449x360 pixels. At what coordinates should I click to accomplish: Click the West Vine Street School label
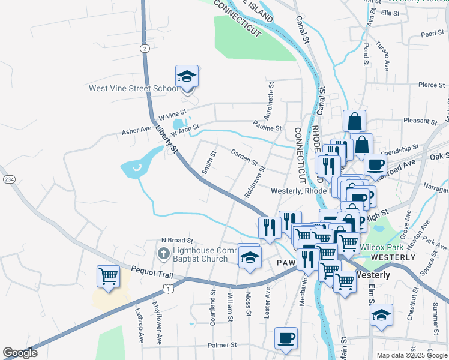pos(133,89)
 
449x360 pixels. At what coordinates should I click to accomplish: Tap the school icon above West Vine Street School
pos(187,77)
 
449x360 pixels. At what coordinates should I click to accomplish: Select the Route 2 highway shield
pos(145,48)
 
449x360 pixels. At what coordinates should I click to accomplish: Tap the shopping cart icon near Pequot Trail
pos(109,277)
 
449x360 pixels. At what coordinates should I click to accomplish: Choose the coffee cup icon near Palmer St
pos(286,337)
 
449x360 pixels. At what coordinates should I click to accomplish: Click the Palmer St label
pos(223,345)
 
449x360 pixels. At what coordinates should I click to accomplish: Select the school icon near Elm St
pos(381,315)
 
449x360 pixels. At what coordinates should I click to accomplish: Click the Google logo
pos(20,353)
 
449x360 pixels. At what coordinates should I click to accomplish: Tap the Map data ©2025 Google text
pos(412,355)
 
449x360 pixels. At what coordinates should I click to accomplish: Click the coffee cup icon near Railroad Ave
pos(375,164)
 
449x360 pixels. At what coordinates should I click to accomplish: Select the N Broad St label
pos(176,240)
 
